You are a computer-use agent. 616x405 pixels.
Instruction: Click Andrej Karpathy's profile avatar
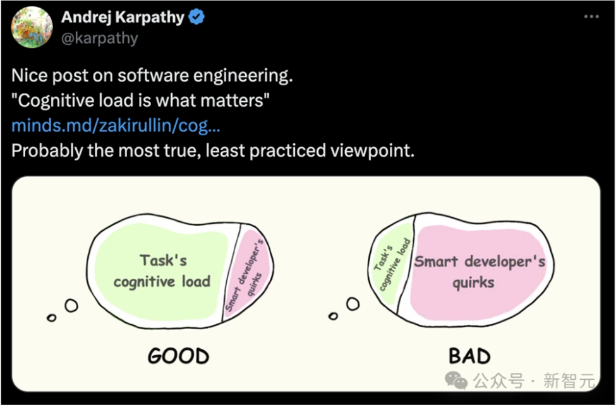click(x=32, y=27)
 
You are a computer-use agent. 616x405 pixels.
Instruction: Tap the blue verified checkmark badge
click(x=196, y=17)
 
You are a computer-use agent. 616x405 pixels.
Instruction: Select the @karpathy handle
click(x=100, y=38)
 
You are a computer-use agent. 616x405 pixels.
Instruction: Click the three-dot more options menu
click(x=591, y=16)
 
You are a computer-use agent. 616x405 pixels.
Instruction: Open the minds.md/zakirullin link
click(x=116, y=125)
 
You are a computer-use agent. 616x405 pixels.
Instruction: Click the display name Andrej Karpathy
click(x=123, y=17)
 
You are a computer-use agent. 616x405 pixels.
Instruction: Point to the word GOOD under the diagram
click(x=178, y=356)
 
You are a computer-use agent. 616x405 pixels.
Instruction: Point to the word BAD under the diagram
click(x=470, y=356)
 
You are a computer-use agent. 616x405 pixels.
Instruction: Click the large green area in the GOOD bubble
click(x=161, y=271)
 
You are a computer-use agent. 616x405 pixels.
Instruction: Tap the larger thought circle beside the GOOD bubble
click(x=71, y=305)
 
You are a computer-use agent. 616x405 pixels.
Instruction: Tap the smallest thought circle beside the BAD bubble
click(x=333, y=316)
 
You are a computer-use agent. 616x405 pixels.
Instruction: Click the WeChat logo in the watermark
click(x=456, y=380)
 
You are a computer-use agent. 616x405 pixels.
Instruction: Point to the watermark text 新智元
click(x=569, y=380)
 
